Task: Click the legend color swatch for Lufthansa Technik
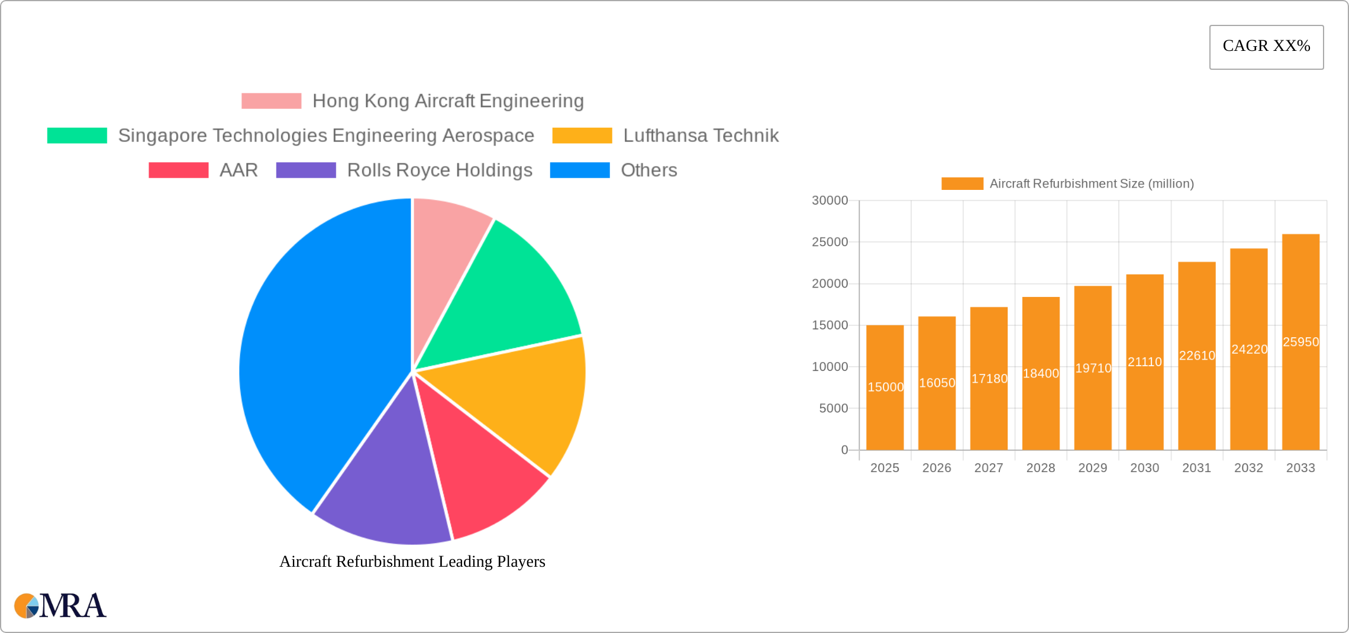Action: pos(582,135)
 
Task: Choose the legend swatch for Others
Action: pos(579,170)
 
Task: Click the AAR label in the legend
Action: pos(238,170)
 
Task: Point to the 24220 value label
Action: pos(1249,349)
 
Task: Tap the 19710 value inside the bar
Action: pos(1093,368)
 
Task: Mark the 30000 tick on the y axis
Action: pos(830,201)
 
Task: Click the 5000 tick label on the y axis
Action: pos(833,408)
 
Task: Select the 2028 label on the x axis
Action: pos(1041,468)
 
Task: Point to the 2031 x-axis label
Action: pos(1196,468)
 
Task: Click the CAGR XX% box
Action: pos(1266,47)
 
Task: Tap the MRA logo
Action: pos(60,605)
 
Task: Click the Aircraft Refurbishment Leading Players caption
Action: pos(412,561)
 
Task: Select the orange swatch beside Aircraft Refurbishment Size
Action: pos(962,184)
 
